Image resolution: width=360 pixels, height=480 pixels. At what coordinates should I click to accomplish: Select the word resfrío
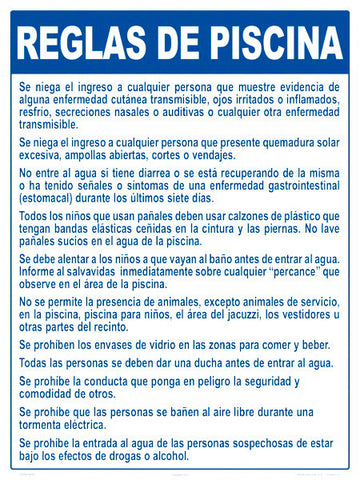coord(37,114)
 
